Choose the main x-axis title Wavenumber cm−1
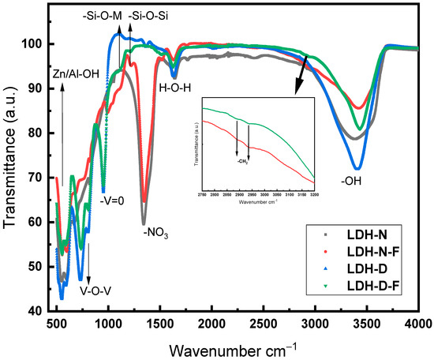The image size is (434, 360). (x=235, y=348)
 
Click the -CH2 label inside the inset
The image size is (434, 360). (x=242, y=160)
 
